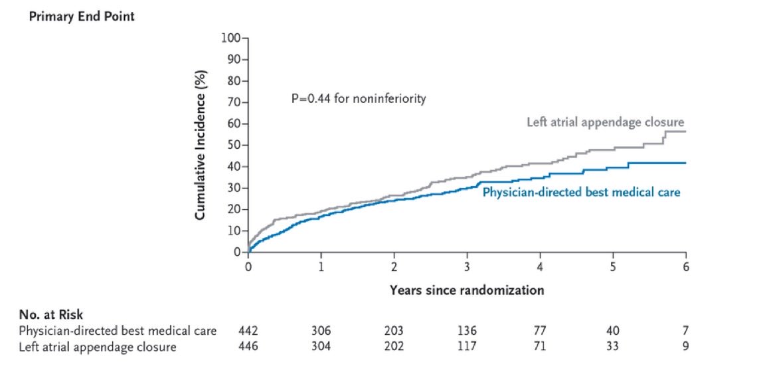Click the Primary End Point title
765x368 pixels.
click(81, 17)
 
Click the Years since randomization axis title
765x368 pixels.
click(467, 290)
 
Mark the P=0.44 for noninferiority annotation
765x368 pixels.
click(359, 99)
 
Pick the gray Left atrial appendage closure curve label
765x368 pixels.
click(605, 122)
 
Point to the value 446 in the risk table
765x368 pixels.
click(248, 347)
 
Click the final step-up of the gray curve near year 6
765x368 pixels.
click(663, 137)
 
